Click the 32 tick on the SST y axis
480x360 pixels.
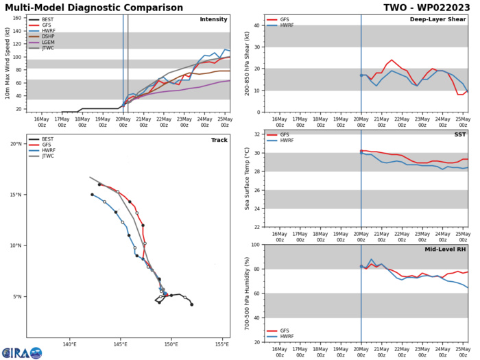click(255, 134)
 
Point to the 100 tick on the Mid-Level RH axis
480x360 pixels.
click(254, 245)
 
